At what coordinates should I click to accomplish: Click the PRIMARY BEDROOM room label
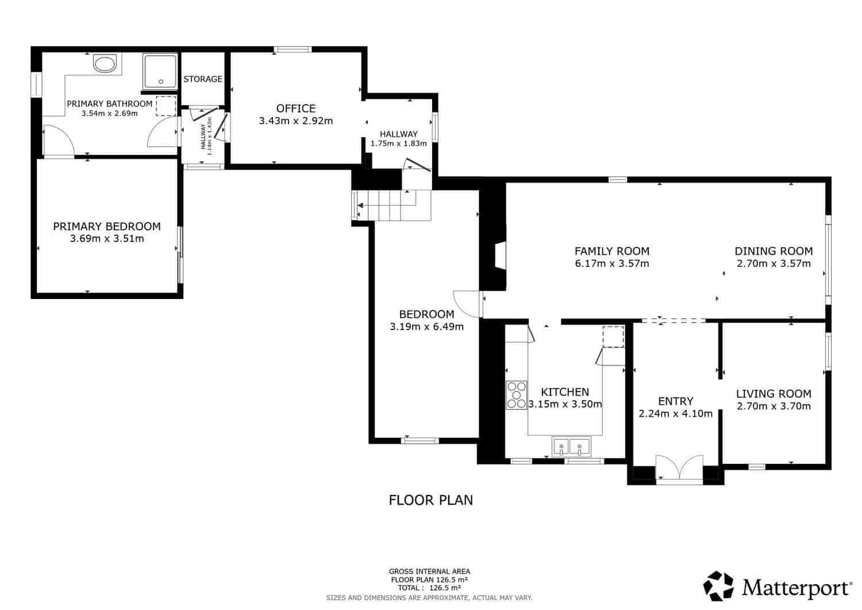107,227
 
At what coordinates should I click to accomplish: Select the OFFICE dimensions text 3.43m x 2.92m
296,121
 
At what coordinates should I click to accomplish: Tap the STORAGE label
203,79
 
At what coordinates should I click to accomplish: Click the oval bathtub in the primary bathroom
105,64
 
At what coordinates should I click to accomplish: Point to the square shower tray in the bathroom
160,72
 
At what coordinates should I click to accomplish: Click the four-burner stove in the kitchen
517,395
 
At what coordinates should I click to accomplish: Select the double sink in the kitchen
571,447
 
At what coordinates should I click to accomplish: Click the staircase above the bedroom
391,205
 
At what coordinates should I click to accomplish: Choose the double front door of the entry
679,468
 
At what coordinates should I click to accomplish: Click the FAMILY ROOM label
612,251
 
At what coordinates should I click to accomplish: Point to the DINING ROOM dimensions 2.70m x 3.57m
774,264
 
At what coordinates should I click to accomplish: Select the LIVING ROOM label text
774,394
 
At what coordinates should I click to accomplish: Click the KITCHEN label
565,392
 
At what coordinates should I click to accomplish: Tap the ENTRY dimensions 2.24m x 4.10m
675,413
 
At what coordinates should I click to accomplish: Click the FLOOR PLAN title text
431,500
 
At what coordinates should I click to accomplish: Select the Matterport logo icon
718,586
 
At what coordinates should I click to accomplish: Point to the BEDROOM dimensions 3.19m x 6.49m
426,327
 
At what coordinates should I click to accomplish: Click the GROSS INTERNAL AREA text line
429,571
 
